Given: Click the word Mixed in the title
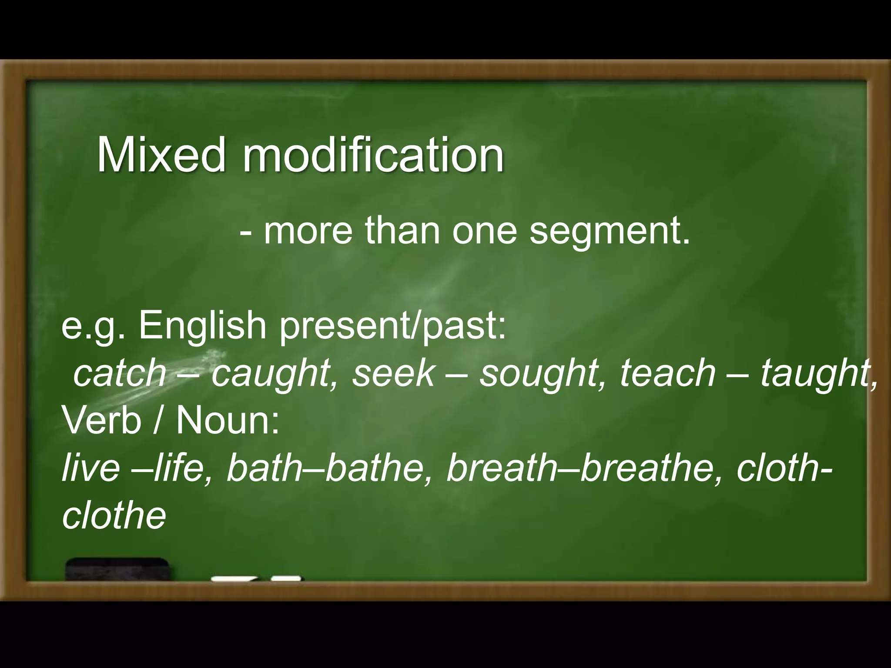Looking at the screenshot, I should (x=161, y=155).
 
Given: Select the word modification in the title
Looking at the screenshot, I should (x=373, y=155).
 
